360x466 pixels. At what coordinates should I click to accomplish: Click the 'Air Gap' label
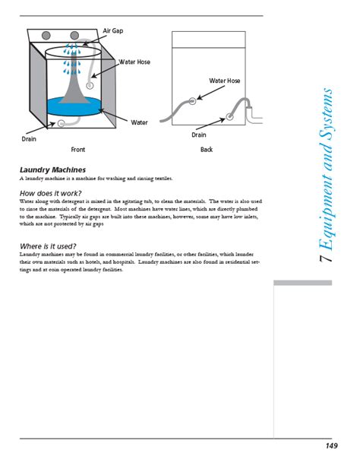tap(113, 30)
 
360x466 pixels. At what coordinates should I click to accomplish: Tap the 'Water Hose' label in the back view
tap(224, 81)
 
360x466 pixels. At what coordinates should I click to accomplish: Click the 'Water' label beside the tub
tap(139, 122)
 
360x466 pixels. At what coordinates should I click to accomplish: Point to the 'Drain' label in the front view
tap(30, 138)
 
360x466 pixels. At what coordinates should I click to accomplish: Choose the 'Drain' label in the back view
tap(199, 135)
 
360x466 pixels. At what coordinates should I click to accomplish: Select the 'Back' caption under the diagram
tap(207, 150)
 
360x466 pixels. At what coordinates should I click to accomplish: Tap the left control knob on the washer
tap(46, 36)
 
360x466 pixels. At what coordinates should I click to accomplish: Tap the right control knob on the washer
tap(74, 36)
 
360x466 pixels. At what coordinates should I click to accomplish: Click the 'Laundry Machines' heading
tap(52, 170)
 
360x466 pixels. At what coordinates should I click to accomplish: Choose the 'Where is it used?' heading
tap(51, 246)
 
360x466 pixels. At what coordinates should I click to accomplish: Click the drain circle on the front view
tap(61, 122)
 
